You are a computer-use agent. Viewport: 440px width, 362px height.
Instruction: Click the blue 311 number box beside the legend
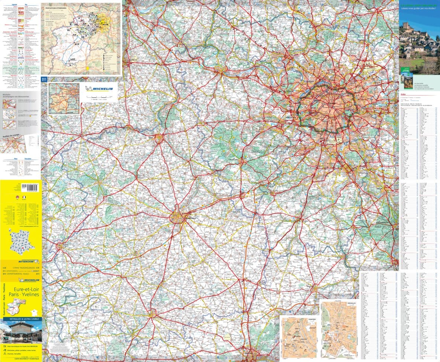[x=44, y=79]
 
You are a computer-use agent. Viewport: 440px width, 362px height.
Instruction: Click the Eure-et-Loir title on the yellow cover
[x=22, y=290]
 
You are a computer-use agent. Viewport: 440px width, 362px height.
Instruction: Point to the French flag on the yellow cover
[x=23, y=197]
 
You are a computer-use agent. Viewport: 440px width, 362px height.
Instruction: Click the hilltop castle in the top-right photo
[x=406, y=26]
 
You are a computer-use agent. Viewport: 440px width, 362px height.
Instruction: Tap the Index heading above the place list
[x=403, y=94]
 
